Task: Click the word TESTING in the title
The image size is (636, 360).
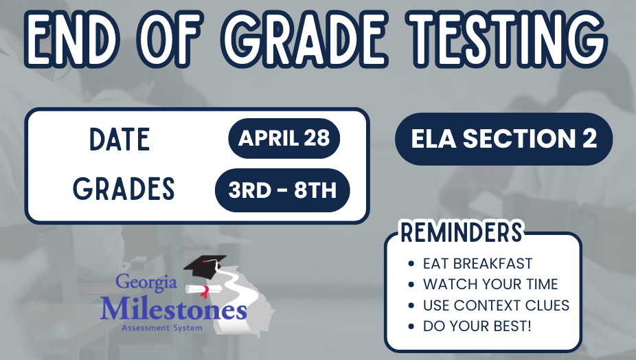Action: click(x=506, y=38)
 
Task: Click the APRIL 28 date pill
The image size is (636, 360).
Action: click(x=284, y=138)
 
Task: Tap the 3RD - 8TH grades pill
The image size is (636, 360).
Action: click(x=282, y=190)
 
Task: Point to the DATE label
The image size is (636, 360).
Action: click(x=120, y=139)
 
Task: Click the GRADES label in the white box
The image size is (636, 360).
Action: click(x=124, y=188)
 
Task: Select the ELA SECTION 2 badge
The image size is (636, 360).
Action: click(x=503, y=139)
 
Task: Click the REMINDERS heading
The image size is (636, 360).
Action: click(x=462, y=232)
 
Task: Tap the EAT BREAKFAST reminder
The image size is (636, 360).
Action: click(x=477, y=263)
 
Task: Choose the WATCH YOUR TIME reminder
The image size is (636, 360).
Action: click(x=490, y=284)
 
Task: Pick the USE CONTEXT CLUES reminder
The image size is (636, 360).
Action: click(x=496, y=305)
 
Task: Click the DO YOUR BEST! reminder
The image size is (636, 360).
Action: click(x=477, y=326)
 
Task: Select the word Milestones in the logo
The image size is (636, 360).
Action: click(x=174, y=310)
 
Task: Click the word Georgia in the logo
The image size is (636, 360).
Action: click(x=146, y=282)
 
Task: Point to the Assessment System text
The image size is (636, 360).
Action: click(x=162, y=328)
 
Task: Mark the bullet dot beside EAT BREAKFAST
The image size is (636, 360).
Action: click(x=411, y=264)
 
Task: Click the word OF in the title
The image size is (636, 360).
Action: click(x=171, y=38)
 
